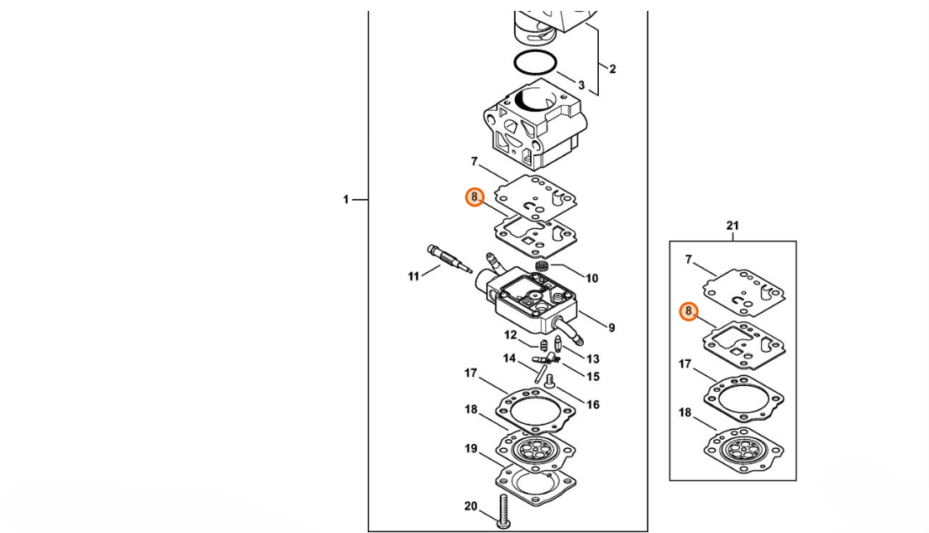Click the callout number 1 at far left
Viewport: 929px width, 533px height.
[x=345, y=200]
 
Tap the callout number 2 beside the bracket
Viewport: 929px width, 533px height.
[x=612, y=69]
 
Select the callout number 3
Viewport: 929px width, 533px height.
[x=580, y=86]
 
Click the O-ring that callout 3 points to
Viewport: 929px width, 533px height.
[x=534, y=63]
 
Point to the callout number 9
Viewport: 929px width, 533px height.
[x=611, y=327]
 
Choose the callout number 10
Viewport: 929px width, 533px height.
[x=591, y=278]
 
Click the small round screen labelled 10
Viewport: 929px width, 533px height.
[x=542, y=267]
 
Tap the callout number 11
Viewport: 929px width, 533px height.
[x=413, y=276]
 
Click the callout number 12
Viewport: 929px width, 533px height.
[x=511, y=335]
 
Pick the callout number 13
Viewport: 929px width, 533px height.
[x=593, y=358]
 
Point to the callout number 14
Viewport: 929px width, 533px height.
[x=509, y=359]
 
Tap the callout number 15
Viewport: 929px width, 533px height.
[x=593, y=376]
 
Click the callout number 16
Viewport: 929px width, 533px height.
[x=593, y=405]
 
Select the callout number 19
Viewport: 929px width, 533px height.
[x=471, y=449]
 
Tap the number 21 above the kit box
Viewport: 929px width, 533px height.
[x=732, y=225]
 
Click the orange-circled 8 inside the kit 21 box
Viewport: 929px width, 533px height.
[x=688, y=311]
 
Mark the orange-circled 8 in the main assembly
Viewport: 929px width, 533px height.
[x=475, y=197]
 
